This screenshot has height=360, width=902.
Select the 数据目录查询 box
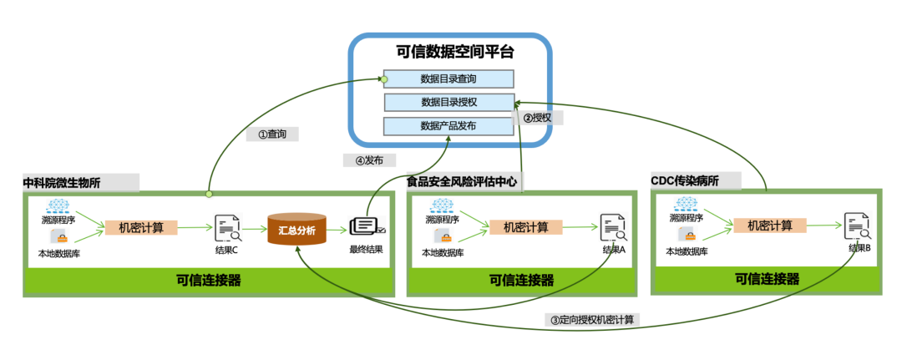point(448,79)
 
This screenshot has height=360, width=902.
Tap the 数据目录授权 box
point(448,103)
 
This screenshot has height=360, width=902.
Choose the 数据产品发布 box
point(448,126)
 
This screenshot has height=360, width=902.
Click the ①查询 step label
point(272,134)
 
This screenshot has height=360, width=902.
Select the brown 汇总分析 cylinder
point(296,228)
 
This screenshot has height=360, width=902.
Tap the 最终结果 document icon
point(366,227)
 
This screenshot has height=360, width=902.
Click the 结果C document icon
point(227,228)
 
